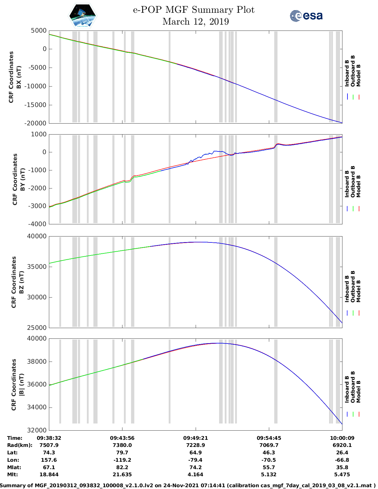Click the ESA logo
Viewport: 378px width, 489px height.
306,16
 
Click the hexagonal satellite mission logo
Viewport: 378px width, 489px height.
83,16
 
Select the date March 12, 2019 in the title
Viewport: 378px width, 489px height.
196,22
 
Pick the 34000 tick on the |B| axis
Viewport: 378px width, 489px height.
37,408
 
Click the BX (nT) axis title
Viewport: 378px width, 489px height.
19,77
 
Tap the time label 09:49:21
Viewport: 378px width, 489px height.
195,438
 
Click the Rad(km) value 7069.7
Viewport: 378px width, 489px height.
269,445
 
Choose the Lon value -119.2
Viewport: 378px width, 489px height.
122,460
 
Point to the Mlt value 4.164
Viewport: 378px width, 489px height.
195,474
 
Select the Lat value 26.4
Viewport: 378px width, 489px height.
342,453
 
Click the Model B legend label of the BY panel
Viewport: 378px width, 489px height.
358,186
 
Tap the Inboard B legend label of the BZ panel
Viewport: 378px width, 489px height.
347,289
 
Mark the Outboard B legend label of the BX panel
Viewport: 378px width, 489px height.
353,71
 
